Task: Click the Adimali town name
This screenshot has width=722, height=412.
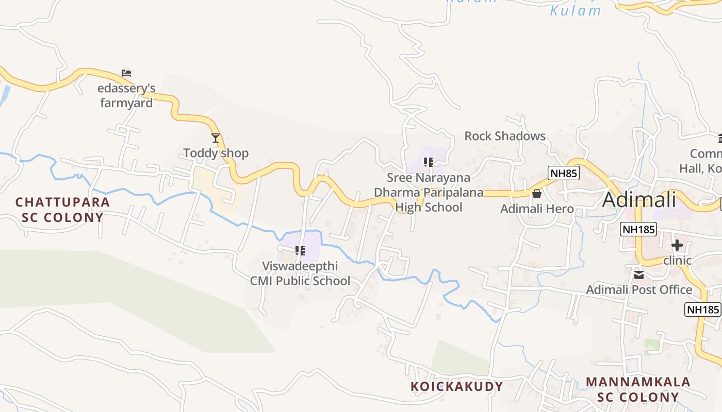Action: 639,199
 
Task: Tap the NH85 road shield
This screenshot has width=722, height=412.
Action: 564,173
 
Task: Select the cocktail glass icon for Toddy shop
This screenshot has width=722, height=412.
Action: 216,138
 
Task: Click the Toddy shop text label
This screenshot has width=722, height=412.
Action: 216,153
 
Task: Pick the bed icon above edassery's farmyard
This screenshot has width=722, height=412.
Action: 126,73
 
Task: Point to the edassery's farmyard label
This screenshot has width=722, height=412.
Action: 126,96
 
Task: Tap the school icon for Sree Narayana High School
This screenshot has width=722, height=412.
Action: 429,163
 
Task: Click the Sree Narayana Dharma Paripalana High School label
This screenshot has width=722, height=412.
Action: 429,193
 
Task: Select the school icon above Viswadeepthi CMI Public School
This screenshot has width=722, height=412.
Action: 300,251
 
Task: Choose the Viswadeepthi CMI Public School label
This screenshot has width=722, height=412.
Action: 300,273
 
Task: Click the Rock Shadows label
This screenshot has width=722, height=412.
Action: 505,136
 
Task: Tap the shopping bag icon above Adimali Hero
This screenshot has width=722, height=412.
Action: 537,194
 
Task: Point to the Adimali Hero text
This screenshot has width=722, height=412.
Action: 537,209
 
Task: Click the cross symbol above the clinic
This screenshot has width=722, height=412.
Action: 677,245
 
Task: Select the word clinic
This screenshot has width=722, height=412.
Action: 677,260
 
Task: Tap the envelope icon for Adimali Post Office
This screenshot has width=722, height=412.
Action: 639,275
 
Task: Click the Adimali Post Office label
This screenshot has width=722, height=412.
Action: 639,289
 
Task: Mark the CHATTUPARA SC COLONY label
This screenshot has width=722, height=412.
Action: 63,210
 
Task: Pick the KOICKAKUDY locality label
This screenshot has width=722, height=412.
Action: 457,386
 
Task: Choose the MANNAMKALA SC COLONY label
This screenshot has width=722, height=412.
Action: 638,389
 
